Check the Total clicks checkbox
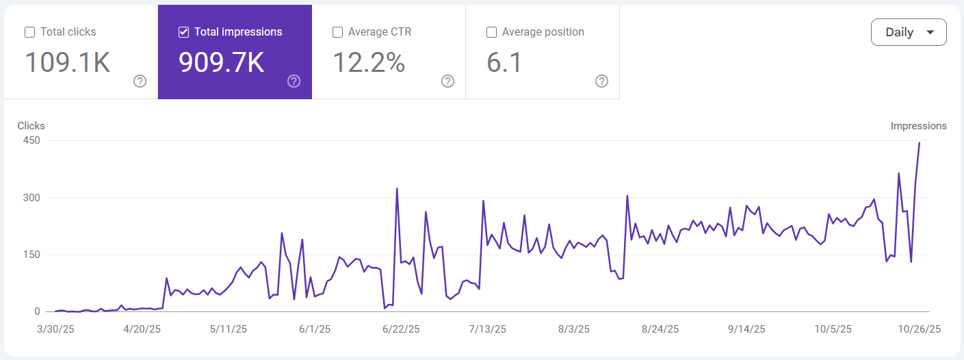pos(29,32)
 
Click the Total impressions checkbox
pos(183,32)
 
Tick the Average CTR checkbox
pos(337,32)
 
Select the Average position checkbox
pos(491,32)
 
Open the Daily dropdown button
pos(909,32)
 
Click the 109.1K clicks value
pos(68,62)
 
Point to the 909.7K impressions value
pos(221,62)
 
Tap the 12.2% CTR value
pos(369,62)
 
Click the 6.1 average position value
pos(504,62)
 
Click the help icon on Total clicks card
pos(140,81)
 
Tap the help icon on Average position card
pos(602,81)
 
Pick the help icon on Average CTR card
pos(448,81)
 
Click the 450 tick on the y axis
pos(32,140)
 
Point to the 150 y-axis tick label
pos(32,255)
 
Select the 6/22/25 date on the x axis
pos(401,329)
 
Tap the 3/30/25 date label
pos(56,329)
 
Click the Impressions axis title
pos(918,126)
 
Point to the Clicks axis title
pos(31,126)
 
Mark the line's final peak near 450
pos(919,143)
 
